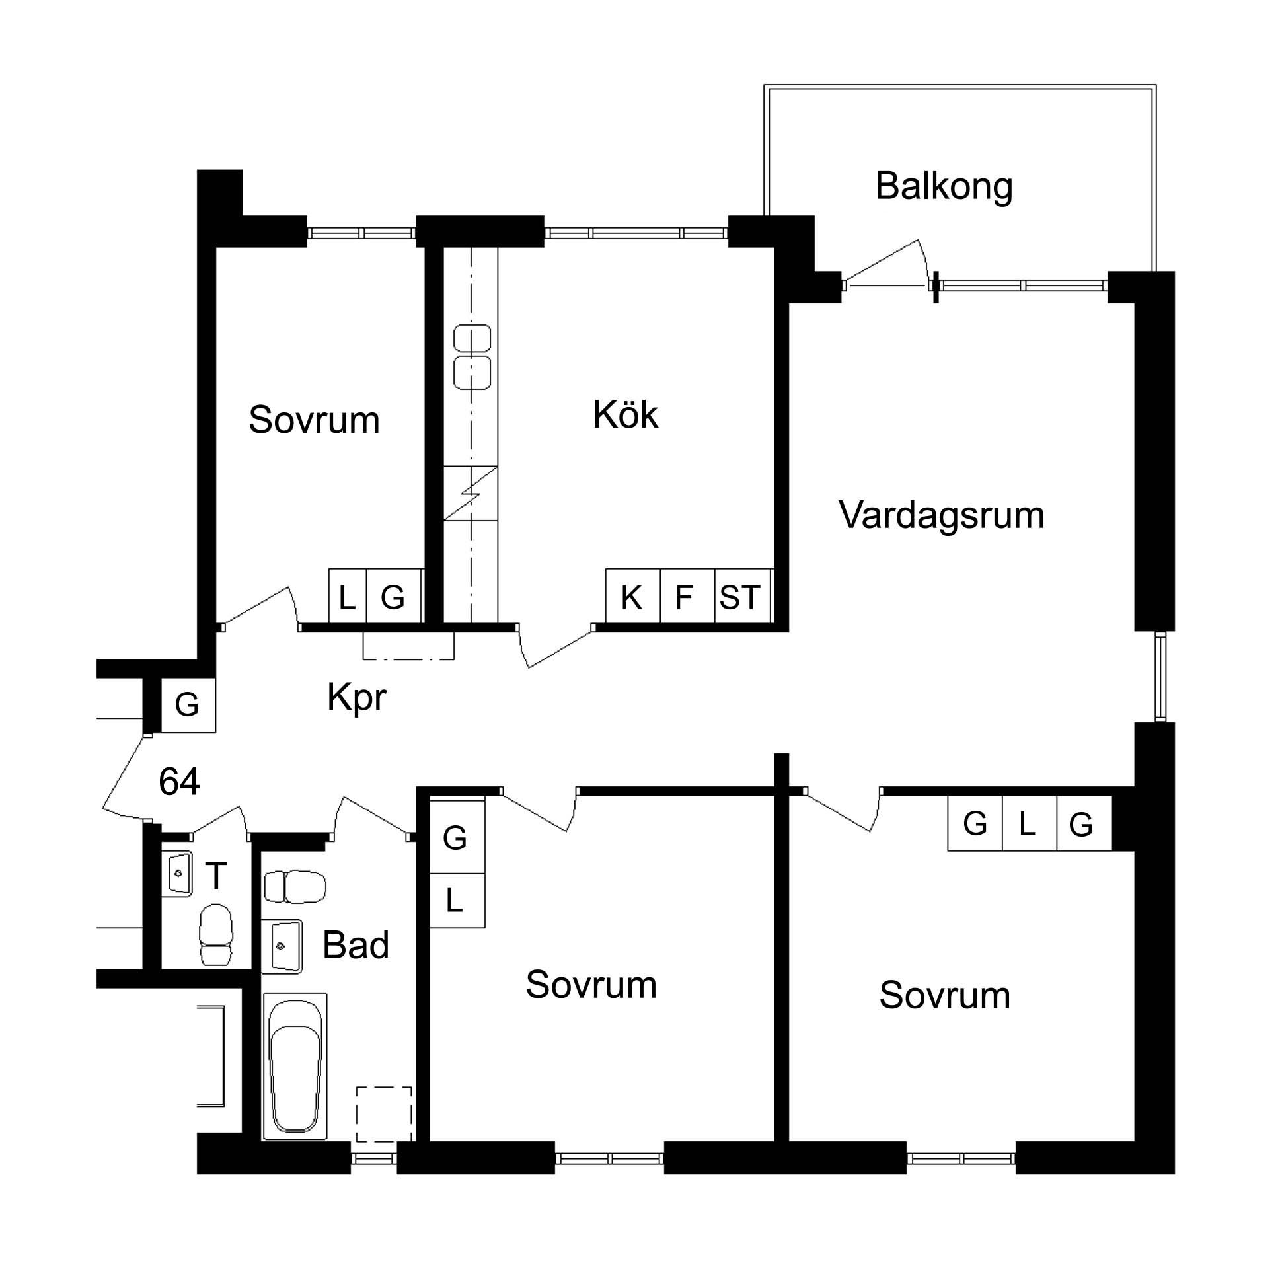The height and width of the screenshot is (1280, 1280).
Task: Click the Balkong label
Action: click(x=944, y=188)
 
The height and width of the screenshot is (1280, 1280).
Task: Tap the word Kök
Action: click(x=624, y=415)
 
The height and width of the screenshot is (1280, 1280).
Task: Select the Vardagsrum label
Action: click(x=941, y=516)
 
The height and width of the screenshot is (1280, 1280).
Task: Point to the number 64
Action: click(x=179, y=782)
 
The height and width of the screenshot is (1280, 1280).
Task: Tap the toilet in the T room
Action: click(x=216, y=934)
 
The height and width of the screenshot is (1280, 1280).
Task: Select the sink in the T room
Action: click(x=177, y=874)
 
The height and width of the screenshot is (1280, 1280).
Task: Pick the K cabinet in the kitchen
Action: click(x=632, y=595)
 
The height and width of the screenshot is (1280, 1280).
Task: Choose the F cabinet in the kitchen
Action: click(x=688, y=595)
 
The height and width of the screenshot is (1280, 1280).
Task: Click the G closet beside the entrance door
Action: click(x=188, y=704)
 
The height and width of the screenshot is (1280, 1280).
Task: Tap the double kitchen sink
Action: click(x=472, y=356)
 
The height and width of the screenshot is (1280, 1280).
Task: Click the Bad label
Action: click(x=355, y=945)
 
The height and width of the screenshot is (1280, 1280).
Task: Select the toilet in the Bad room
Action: click(x=295, y=887)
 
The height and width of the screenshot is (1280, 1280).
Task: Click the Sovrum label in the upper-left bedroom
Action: click(x=314, y=420)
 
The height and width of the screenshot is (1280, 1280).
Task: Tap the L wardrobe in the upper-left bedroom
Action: click(x=347, y=595)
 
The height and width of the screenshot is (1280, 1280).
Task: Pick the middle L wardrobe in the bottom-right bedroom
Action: click(x=1029, y=823)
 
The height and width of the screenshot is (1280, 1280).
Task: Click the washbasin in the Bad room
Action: click(x=282, y=946)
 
